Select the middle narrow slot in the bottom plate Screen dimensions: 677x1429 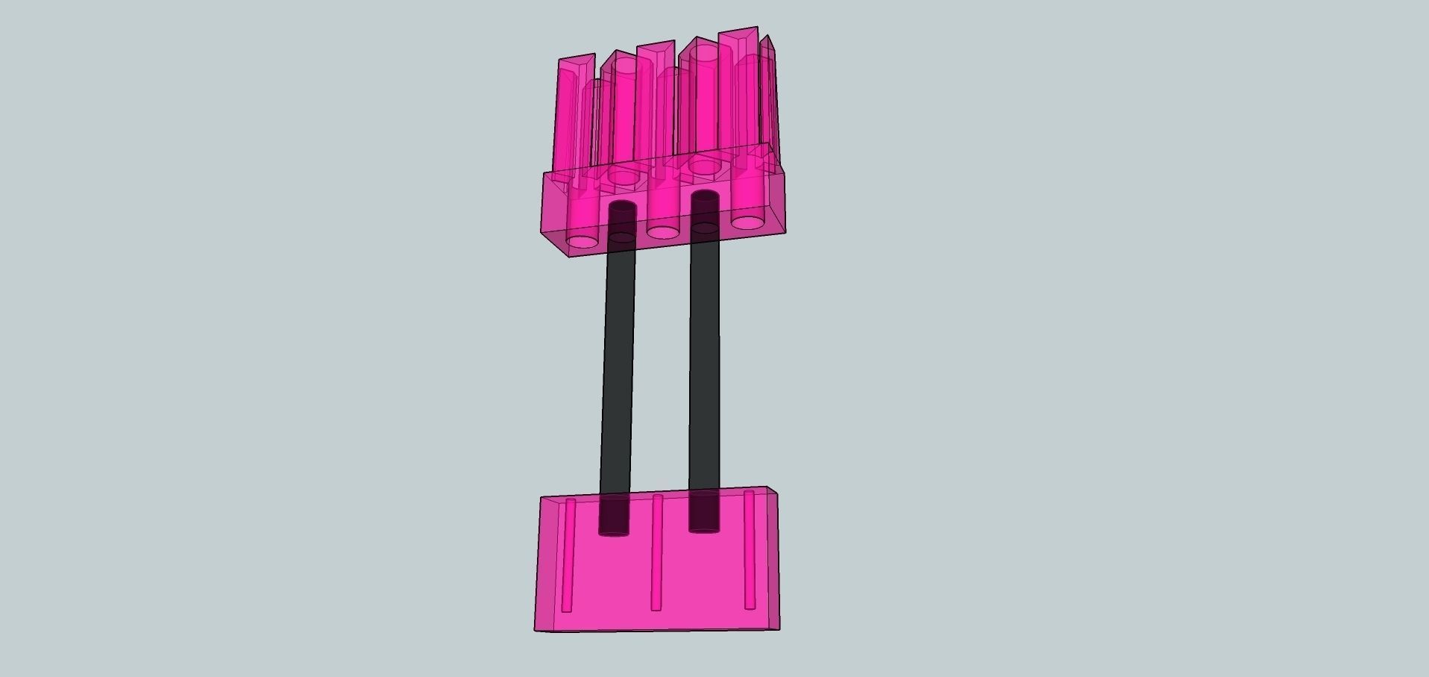657,552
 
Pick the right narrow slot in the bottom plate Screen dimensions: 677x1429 750,549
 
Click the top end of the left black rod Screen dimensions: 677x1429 622,207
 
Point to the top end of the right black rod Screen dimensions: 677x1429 705,198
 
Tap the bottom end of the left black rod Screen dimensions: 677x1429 614,529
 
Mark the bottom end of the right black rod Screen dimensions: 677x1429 704,526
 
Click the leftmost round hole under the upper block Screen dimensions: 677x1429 582,241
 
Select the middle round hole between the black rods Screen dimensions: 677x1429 662,231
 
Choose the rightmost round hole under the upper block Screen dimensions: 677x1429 747,222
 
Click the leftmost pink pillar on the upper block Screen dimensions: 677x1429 574,112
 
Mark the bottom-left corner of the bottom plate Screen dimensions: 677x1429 536,631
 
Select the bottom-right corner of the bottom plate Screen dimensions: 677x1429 779,628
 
